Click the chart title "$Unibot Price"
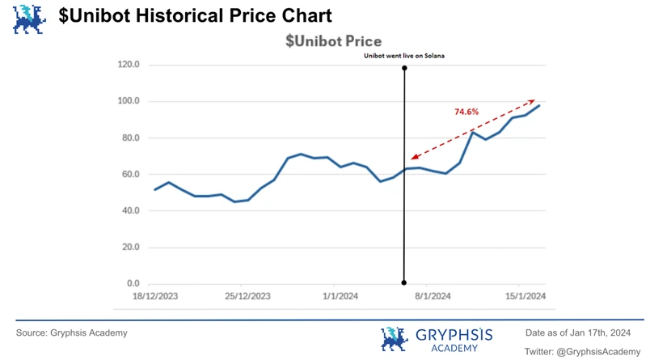tap(333, 41)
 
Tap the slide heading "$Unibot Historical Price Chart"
tap(195, 15)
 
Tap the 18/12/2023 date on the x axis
tap(155, 296)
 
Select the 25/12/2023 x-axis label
tap(247, 296)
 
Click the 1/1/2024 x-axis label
tap(340, 296)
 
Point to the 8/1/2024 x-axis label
tap(433, 296)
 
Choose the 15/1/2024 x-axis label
tap(525, 296)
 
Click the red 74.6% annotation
tap(466, 112)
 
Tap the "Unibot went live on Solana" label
tap(404, 56)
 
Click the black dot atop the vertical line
tap(404, 69)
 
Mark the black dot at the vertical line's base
tap(404, 283)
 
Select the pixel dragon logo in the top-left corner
tap(29, 19)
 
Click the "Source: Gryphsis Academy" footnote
tap(72, 332)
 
